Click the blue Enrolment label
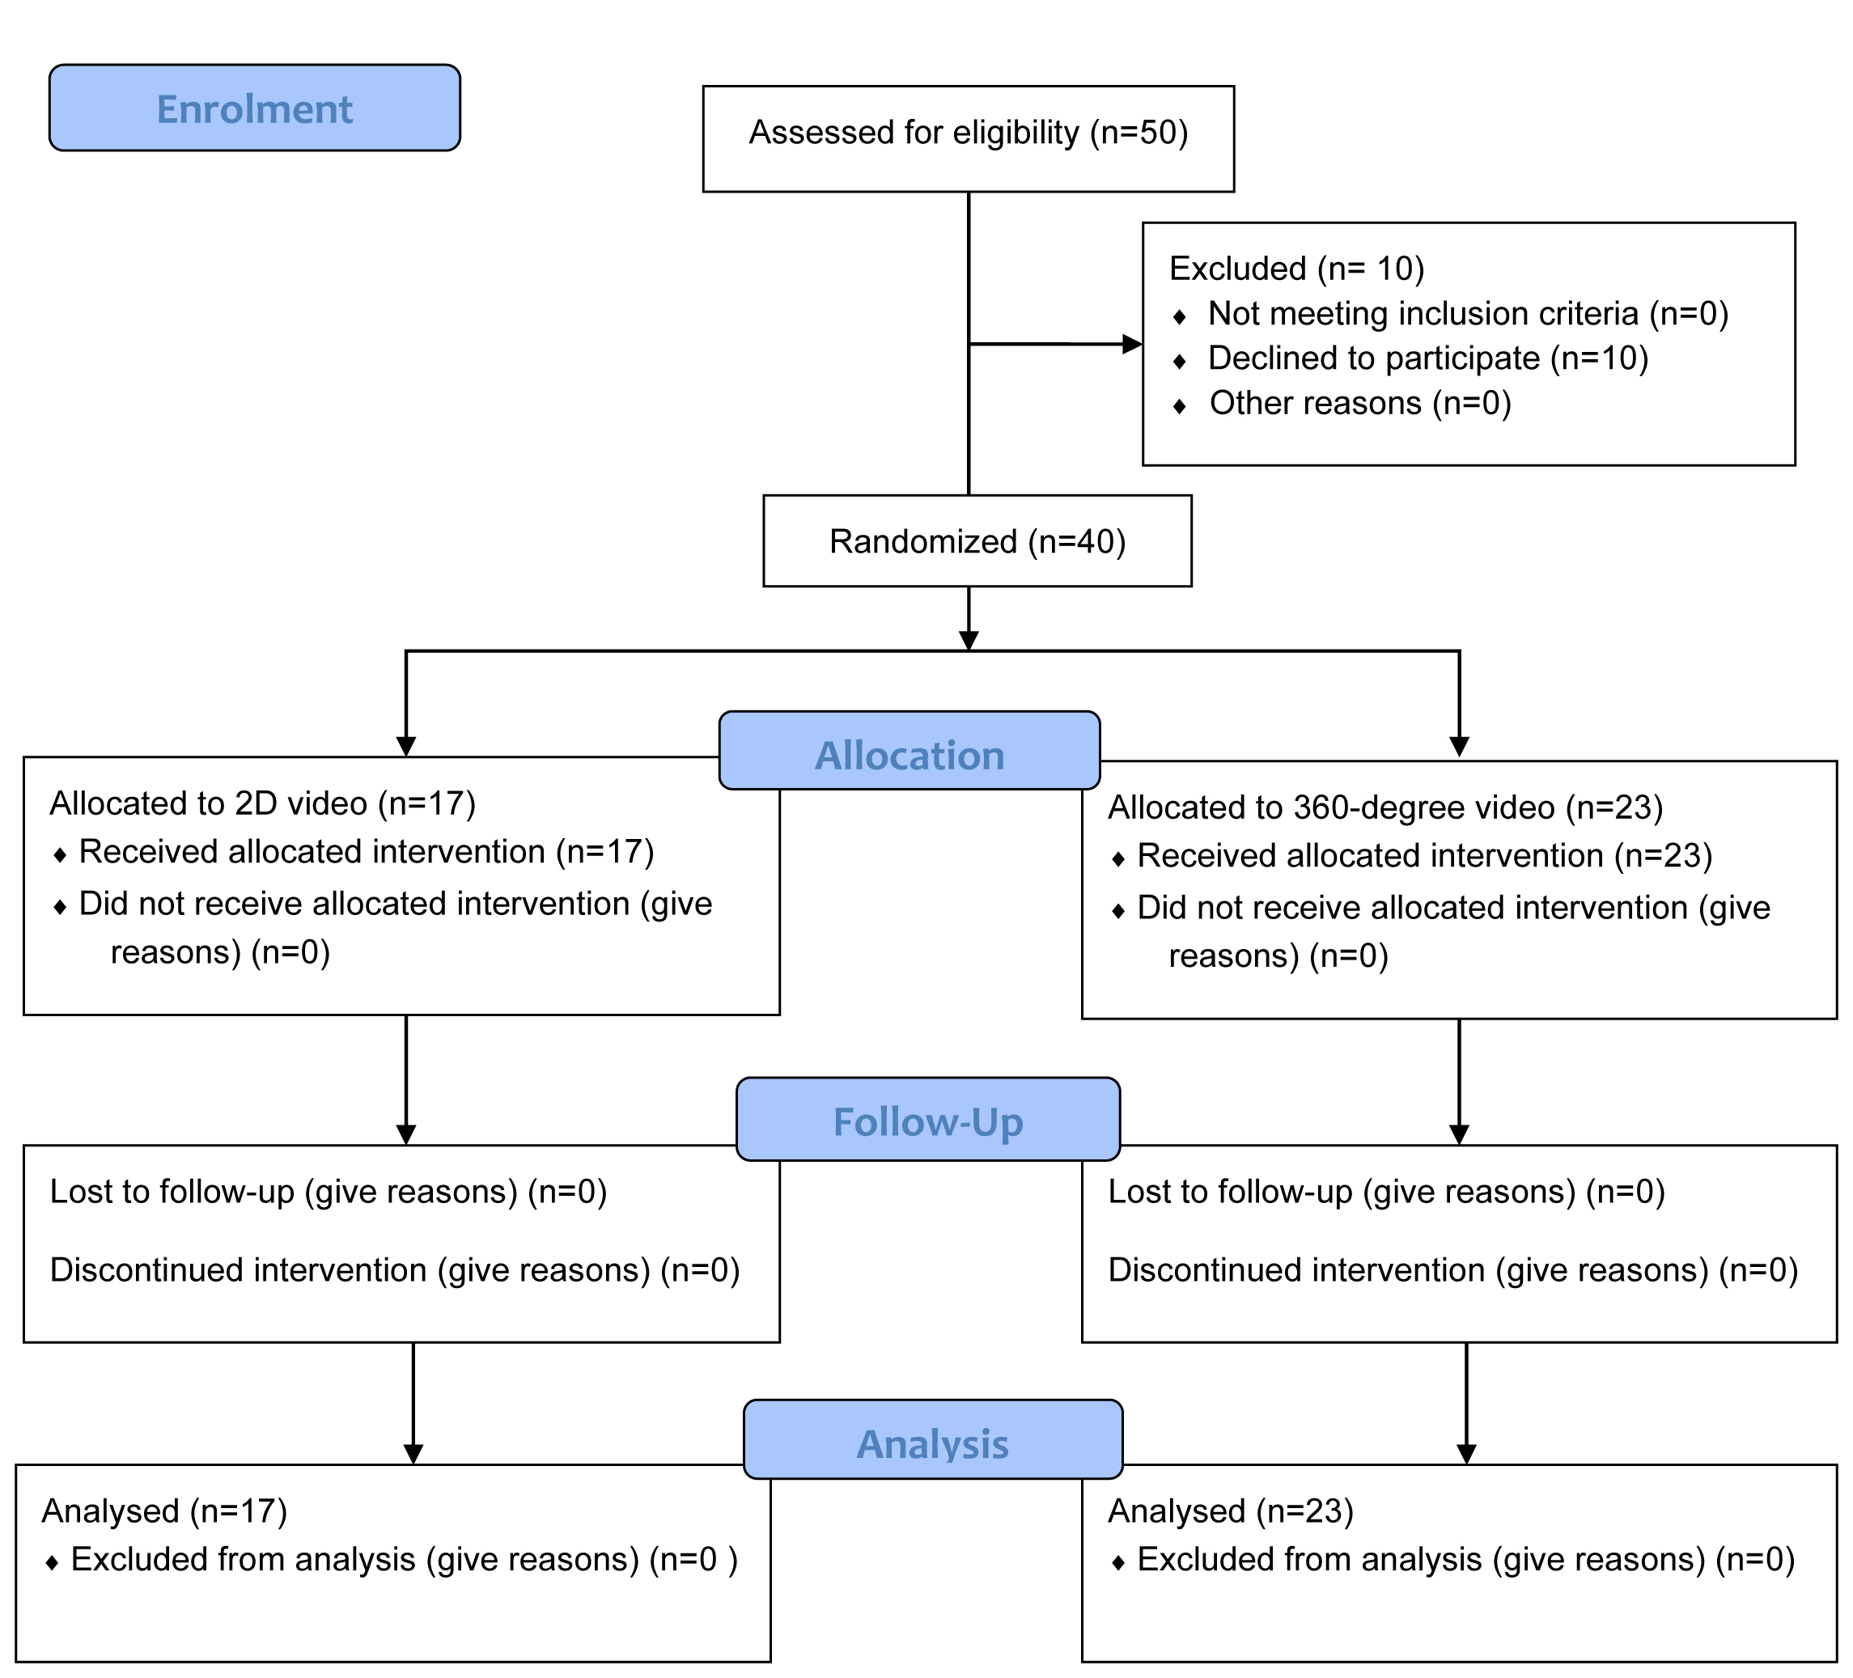pos(255,108)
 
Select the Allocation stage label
pos(910,750)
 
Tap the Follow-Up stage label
pos(928,1118)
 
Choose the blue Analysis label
pos(933,1439)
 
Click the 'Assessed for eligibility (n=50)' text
pos(969,133)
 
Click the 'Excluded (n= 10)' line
pos(1297,269)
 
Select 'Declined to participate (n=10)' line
pos(1428,358)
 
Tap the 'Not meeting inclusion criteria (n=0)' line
pos(1469,313)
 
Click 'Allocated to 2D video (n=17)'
pos(263,804)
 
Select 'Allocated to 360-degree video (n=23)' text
pos(1386,807)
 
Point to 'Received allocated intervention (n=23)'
pos(1426,855)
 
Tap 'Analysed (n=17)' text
pos(164,1511)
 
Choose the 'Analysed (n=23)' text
pos(1231,1511)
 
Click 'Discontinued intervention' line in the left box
pos(395,1270)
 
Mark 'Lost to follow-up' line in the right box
pos(1387,1192)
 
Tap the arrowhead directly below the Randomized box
pos(969,641)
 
